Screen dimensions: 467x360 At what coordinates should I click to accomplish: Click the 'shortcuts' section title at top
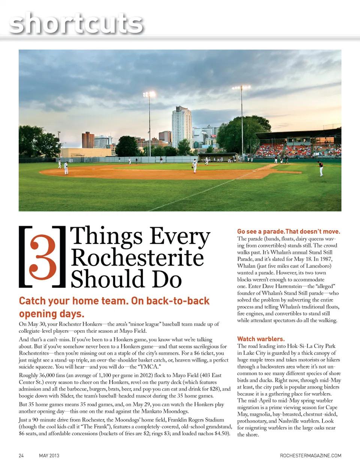point(76,23)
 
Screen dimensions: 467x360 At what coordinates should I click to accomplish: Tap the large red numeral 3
point(43,257)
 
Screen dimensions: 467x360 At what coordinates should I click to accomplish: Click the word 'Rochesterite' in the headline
point(137,258)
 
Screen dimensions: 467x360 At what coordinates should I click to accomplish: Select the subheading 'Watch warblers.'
point(261,339)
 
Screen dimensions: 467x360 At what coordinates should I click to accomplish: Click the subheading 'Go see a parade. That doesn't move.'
point(288,231)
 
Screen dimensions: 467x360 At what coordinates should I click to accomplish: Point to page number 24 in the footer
point(21,455)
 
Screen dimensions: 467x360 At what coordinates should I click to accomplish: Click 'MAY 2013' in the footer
point(49,455)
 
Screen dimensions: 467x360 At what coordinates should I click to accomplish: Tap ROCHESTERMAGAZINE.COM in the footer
point(310,455)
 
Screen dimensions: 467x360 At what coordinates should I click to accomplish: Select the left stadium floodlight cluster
point(149,94)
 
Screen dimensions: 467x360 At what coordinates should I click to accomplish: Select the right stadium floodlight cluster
point(241,88)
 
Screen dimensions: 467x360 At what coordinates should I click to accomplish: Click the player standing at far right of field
point(320,168)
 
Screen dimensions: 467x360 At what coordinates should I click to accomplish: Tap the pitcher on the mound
point(194,165)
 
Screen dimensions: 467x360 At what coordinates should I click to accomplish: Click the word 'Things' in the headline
point(106,237)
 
